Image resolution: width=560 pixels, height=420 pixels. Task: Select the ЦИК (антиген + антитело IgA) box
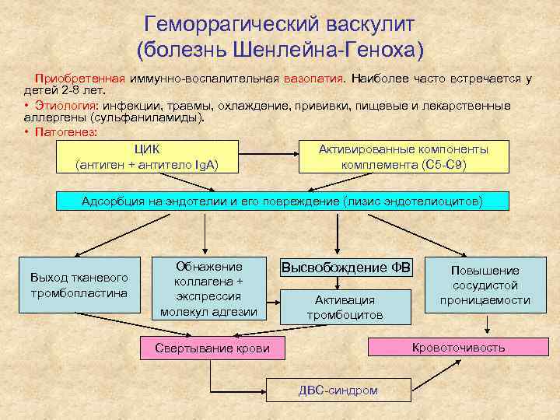point(146,157)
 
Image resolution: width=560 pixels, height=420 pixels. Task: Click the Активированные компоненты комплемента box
point(404,157)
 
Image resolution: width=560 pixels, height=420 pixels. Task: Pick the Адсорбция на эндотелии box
point(282,201)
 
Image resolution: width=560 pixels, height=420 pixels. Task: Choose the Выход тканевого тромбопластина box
point(79,285)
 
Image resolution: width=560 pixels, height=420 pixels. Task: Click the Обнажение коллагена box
point(208,289)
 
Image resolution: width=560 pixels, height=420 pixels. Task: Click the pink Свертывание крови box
point(212,348)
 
